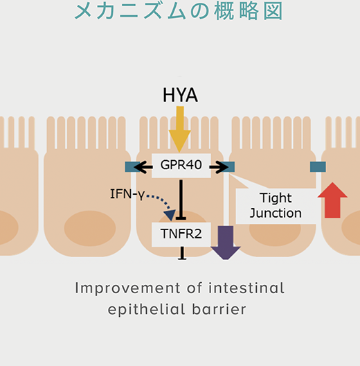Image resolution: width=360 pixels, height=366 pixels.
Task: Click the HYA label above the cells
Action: [180, 95]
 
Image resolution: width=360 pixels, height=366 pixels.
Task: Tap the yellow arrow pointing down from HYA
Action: [180, 129]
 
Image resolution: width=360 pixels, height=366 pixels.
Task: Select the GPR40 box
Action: [181, 166]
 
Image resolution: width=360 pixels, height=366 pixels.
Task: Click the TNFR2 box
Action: [181, 234]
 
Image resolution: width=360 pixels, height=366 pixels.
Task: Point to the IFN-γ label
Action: [127, 194]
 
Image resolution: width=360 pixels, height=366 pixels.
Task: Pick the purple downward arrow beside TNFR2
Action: [226, 243]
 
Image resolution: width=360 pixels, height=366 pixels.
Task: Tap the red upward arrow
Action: [332, 200]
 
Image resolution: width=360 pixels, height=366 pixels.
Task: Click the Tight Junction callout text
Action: [276, 205]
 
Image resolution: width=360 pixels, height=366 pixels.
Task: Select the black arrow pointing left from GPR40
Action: [143, 167]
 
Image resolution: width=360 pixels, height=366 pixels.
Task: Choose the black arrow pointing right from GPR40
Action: [219, 167]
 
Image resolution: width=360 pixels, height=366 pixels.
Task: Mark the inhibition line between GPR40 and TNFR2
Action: [181, 200]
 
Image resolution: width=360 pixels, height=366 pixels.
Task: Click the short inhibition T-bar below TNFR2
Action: [182, 253]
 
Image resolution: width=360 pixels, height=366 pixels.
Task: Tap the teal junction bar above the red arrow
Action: [318, 167]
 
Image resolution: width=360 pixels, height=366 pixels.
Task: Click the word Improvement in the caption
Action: [127, 288]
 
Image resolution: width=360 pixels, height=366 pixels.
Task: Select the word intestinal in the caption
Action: [246, 288]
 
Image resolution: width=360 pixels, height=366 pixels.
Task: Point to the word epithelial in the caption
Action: [147, 310]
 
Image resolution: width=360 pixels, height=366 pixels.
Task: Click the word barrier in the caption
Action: [219, 309]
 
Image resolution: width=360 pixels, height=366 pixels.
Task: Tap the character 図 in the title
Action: [273, 11]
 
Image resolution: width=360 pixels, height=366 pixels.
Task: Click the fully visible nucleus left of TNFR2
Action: [90, 228]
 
